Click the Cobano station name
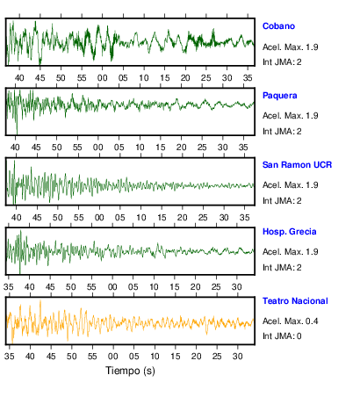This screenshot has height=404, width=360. (x=278, y=26)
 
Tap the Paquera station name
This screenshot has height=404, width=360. (x=279, y=96)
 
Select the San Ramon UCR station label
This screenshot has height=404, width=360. (x=297, y=165)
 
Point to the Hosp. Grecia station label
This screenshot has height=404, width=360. (x=289, y=232)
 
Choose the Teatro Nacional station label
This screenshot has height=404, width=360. (x=295, y=301)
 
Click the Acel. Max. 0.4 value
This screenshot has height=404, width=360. (x=290, y=321)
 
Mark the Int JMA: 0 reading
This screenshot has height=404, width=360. (x=282, y=335)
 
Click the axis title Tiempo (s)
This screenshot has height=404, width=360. (x=130, y=371)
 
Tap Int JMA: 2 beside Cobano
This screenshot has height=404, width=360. (x=282, y=62)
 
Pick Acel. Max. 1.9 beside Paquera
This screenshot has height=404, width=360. (x=290, y=116)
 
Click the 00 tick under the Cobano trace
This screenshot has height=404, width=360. (x=102, y=78)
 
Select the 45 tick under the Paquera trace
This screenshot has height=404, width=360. (x=36, y=148)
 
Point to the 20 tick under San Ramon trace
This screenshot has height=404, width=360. (x=182, y=218)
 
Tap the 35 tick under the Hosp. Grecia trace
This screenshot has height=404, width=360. (x=9, y=287)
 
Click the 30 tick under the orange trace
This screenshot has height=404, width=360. (x=238, y=357)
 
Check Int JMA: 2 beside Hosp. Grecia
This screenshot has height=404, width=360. (x=282, y=268)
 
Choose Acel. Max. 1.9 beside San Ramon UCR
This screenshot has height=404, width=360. (x=290, y=185)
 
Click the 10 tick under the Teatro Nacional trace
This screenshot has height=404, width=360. (x=155, y=357)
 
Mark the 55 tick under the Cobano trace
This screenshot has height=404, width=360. (x=82, y=78)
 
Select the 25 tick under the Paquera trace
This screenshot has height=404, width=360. (x=202, y=148)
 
